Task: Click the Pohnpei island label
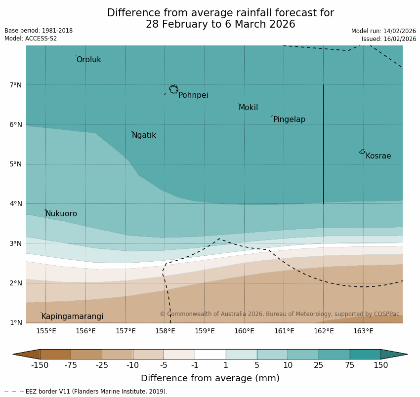193,95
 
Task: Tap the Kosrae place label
378,156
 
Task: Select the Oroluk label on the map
88,60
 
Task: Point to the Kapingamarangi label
72,317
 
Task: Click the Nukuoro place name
61,214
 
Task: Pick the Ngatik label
144,135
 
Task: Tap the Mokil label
248,108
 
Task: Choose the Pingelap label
289,119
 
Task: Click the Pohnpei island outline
173,89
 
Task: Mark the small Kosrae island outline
362,152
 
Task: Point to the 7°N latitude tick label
15,85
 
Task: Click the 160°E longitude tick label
244,331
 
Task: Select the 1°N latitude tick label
15,323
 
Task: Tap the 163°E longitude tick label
363,331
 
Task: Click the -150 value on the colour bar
40,365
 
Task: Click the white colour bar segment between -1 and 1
210,354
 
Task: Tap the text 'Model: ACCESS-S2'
31,39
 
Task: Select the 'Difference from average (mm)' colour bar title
210,379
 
